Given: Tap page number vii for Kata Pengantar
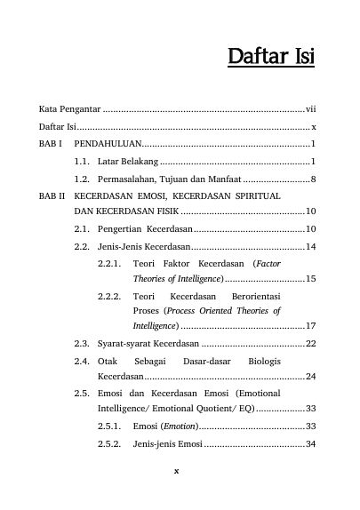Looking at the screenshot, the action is coord(312,109).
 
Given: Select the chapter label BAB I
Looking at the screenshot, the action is coord(51,143).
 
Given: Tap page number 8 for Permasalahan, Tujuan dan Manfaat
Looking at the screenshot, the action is coord(315,178).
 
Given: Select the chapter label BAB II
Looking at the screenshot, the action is coord(52,195).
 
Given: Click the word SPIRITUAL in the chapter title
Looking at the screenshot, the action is coord(259,195).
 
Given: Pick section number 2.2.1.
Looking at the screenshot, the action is coord(109,263).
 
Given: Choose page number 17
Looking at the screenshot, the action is coord(312,326).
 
